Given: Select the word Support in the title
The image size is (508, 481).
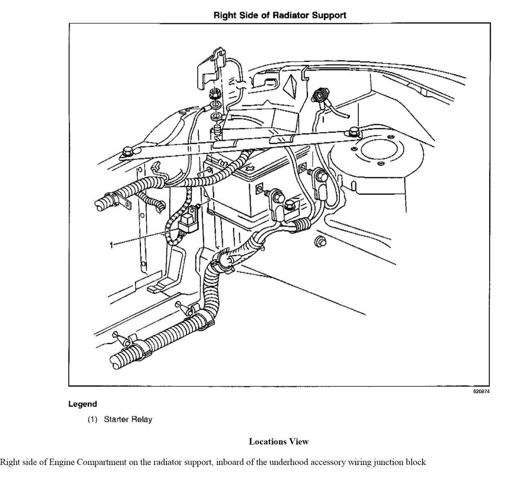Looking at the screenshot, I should tap(329, 16).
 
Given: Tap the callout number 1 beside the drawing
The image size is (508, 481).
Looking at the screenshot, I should tap(111, 245).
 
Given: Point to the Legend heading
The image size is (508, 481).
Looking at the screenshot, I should tap(83, 404).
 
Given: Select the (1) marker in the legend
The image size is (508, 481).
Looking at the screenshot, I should tap(93, 420).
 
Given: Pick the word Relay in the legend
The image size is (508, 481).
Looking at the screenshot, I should tap(143, 420).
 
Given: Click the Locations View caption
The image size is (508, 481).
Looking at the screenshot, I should tap(279, 442).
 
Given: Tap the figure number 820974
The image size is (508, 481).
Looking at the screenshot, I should tap(482, 392).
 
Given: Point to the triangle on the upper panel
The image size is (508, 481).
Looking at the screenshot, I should tap(290, 84).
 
